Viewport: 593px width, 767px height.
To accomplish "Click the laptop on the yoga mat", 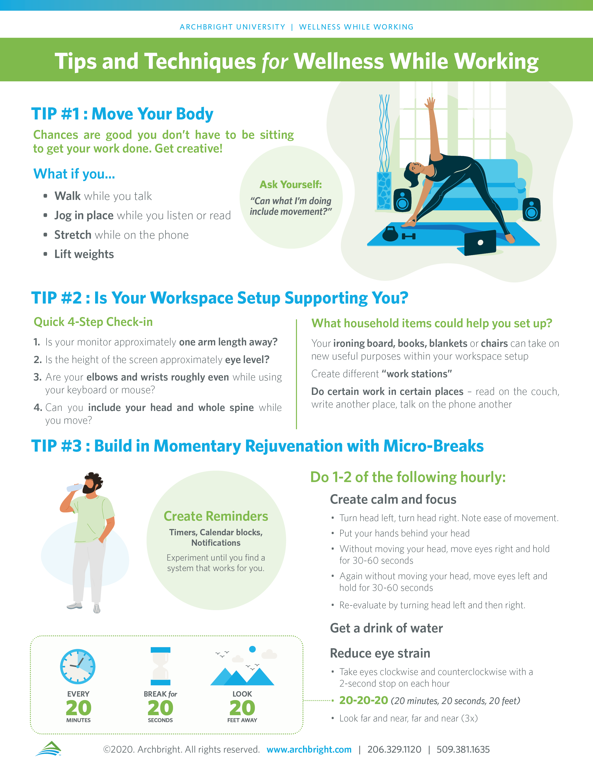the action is [480, 243].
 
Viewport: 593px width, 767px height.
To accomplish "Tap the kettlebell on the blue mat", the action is [390, 234].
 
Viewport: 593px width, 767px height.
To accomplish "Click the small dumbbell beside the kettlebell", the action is [409, 236].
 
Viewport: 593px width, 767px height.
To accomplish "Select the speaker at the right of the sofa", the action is [532, 209].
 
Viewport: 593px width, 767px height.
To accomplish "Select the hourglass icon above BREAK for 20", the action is [160, 666].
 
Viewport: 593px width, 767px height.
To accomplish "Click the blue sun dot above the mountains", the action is [252, 649].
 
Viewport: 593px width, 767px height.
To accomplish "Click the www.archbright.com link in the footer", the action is [309, 749].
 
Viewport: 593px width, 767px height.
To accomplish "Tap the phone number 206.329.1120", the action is [394, 749].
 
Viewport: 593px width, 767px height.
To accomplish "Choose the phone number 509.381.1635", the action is [463, 749].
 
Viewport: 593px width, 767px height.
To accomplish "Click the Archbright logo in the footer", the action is [48, 748].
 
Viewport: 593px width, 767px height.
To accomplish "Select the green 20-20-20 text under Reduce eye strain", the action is [364, 700].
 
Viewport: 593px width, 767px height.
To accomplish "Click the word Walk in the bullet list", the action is [67, 196].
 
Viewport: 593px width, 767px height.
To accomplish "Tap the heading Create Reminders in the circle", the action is [216, 516].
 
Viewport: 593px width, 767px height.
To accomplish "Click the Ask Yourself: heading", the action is [290, 184].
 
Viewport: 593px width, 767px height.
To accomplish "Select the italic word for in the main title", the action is [275, 61].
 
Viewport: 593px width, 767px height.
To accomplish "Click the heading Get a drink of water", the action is [386, 628].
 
